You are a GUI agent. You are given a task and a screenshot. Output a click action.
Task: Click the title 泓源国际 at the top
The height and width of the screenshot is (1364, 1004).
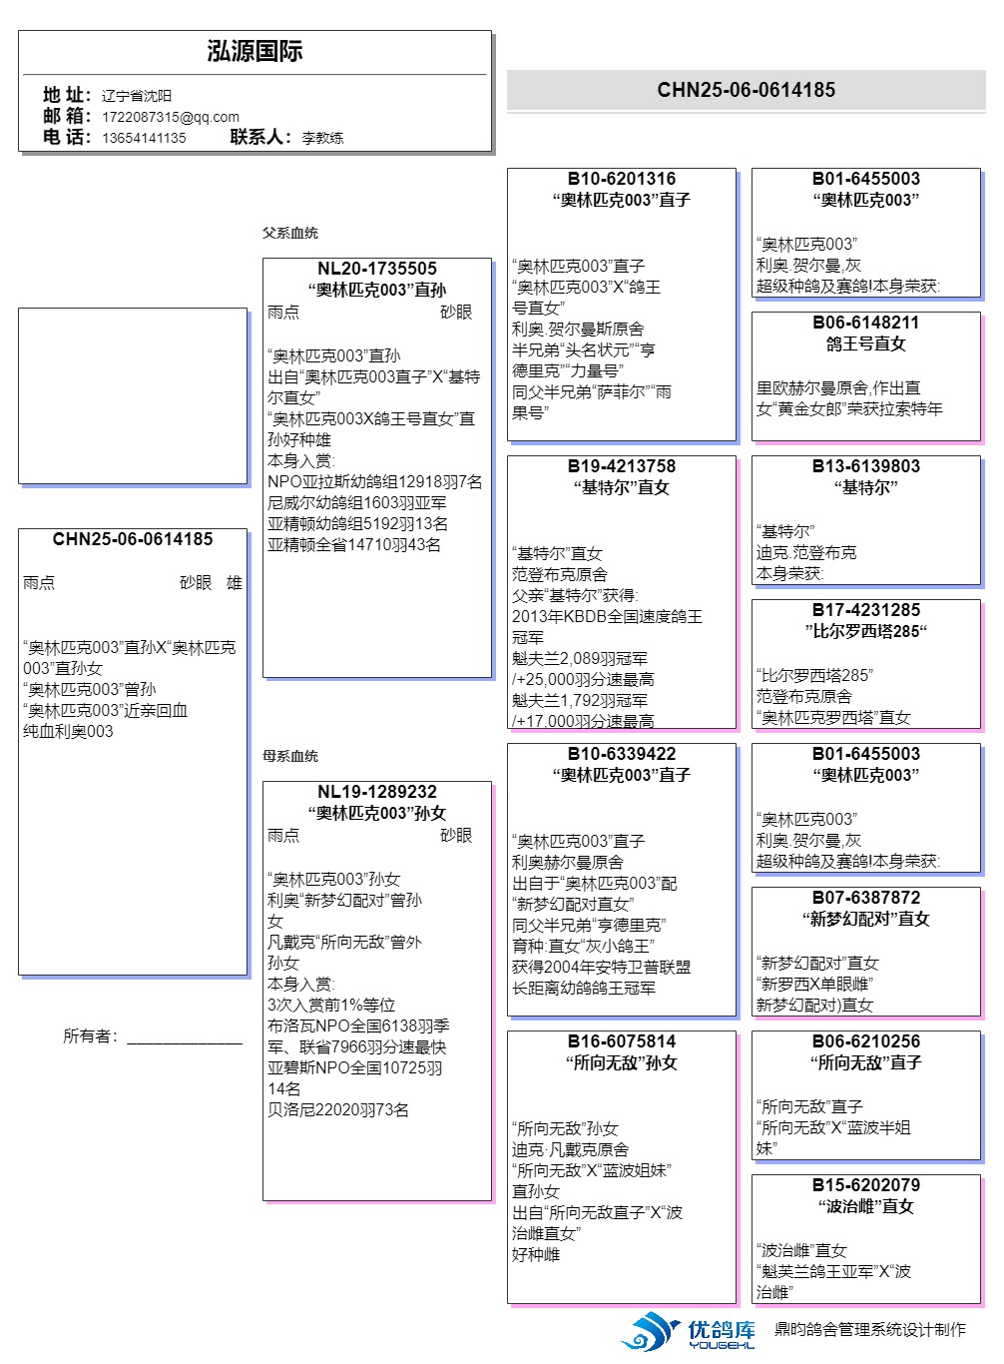(x=254, y=52)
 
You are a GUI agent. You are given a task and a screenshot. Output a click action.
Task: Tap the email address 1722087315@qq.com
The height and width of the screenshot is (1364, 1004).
(x=170, y=117)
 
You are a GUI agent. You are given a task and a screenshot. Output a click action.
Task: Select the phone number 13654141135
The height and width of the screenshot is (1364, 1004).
(x=144, y=138)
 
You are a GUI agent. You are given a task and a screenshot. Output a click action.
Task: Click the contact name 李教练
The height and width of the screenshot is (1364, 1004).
(x=322, y=138)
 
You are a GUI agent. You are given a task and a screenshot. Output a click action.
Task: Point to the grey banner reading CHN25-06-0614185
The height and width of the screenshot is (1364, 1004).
(x=746, y=90)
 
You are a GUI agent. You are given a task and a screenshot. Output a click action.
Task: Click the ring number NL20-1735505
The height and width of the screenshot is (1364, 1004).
(x=377, y=269)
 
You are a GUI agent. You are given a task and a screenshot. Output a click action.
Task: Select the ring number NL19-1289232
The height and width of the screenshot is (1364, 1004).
(x=377, y=792)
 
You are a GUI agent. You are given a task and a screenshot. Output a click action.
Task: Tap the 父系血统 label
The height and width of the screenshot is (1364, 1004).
(x=290, y=233)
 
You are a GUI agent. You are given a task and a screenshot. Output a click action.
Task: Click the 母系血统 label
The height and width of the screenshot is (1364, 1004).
(x=290, y=756)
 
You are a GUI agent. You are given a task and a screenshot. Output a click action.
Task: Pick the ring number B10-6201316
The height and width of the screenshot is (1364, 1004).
(x=622, y=179)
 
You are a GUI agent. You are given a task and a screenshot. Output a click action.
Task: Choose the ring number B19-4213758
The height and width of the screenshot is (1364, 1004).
(x=622, y=466)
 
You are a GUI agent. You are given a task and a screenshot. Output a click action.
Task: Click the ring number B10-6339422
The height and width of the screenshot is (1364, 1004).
(x=622, y=754)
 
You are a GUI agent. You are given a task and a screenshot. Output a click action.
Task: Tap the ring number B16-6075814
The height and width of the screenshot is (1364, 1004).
(x=622, y=1041)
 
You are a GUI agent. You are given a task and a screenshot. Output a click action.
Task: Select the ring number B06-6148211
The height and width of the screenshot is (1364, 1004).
(x=866, y=323)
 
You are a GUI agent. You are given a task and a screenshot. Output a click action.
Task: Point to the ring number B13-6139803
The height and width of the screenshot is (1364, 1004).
(x=866, y=466)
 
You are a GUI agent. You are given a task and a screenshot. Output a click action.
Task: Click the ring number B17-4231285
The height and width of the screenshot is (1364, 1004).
(x=866, y=610)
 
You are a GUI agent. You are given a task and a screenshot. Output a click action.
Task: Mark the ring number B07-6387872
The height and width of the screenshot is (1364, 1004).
(x=866, y=898)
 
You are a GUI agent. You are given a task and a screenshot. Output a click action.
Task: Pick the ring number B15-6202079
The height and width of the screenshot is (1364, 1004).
(x=866, y=1185)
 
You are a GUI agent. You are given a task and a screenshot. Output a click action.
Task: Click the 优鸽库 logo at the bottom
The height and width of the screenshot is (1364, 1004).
(x=689, y=1331)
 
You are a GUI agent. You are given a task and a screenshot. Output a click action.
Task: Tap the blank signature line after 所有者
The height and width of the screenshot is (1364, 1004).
(x=185, y=1041)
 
